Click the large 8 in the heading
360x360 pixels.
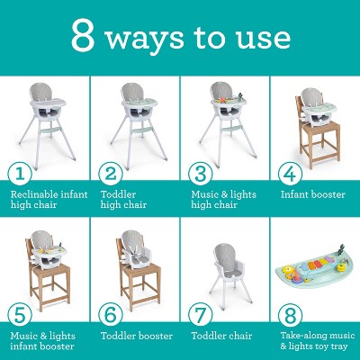tap(84, 37)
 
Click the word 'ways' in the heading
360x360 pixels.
tap(149, 39)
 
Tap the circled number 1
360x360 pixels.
tap(16, 174)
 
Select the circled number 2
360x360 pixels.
tap(109, 174)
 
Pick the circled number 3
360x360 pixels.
tap(199, 174)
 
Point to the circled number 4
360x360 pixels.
tap(289, 174)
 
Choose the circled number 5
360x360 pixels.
tap(16, 315)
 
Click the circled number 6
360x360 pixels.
tap(109, 315)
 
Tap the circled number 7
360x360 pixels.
tap(199, 315)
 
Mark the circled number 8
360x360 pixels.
tap(289, 315)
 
